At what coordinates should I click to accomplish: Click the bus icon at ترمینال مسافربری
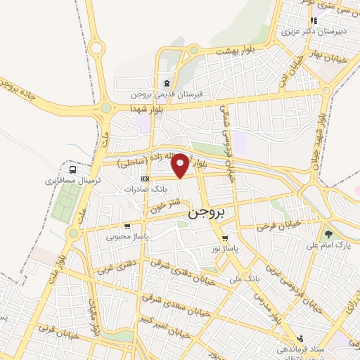(72, 169)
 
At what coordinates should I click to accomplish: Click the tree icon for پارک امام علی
(328, 233)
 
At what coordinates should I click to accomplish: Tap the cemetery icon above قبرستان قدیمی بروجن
(167, 83)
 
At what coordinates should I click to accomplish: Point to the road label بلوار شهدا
(146, 109)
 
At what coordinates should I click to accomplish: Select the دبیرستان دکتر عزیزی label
(307, 32)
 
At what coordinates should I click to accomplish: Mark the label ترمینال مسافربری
(74, 181)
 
